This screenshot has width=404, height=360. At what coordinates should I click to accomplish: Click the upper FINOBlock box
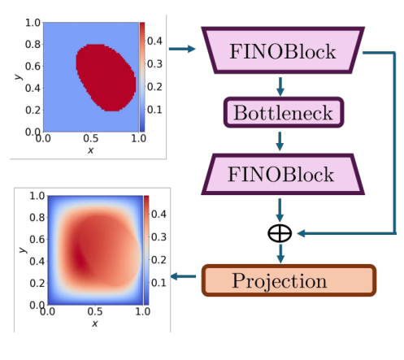point(280,50)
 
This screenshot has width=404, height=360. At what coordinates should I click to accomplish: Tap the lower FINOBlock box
point(280,174)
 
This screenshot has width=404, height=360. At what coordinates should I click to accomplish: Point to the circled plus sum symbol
point(280,234)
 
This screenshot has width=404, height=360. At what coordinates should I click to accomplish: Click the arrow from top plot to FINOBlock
point(186,50)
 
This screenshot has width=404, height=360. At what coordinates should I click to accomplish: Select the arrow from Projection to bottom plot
point(186,278)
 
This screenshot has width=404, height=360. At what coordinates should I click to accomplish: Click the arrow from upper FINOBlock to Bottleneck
point(280,85)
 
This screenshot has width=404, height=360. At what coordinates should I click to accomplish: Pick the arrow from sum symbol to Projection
point(280,254)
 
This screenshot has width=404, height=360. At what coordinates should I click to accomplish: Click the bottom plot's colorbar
point(146,249)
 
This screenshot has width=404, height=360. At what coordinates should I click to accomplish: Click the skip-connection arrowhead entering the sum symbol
point(299,234)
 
